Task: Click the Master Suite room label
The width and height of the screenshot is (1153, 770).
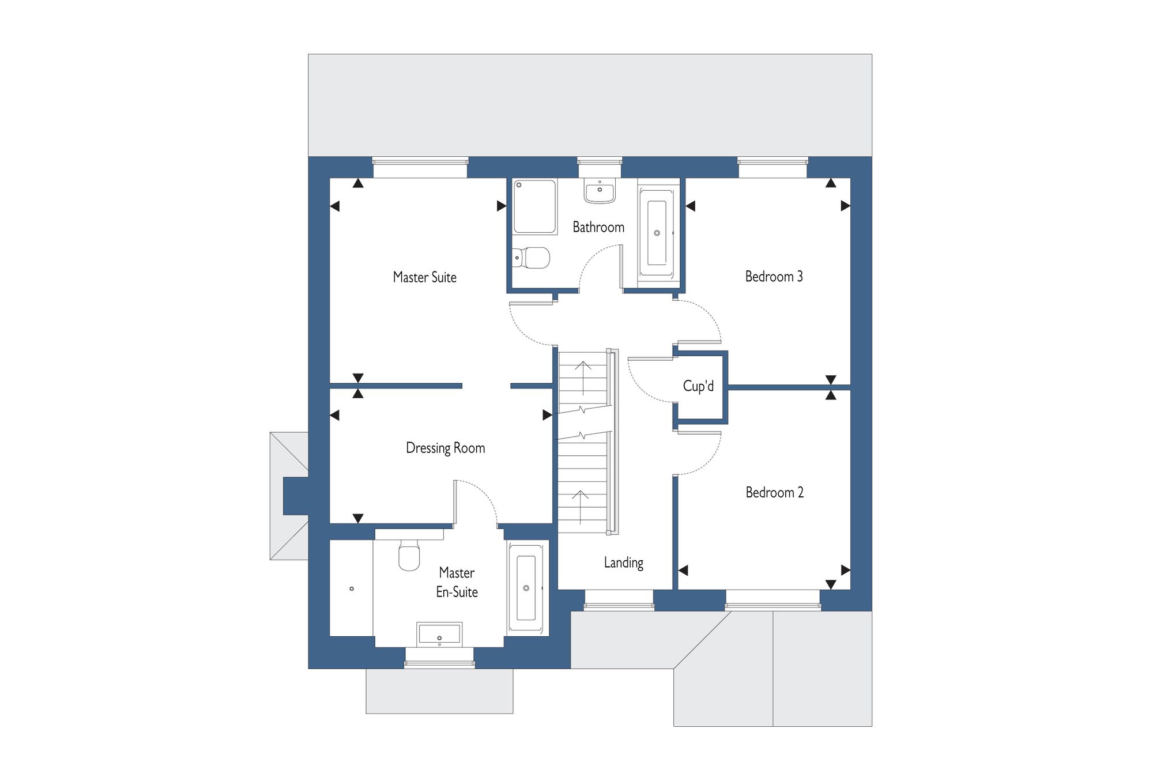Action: [x=425, y=277]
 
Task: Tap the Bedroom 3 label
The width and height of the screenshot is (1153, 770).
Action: [x=774, y=277]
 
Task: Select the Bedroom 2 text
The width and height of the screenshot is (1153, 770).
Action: [x=774, y=492]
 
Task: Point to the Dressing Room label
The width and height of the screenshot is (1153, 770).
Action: [x=445, y=448]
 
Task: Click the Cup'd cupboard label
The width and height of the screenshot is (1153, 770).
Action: [x=698, y=386]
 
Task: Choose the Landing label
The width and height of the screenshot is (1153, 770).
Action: [x=623, y=563]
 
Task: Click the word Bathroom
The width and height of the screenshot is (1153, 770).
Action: [x=598, y=227]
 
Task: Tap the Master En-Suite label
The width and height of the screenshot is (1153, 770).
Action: [x=457, y=582]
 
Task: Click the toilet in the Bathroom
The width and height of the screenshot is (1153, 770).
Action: [x=531, y=258]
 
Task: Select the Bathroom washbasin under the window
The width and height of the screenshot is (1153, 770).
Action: [x=600, y=191]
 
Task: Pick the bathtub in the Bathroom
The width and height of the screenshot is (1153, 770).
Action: [x=658, y=233]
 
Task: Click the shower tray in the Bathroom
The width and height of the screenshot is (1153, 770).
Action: [x=535, y=206]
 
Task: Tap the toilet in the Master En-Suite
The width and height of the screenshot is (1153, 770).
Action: [x=409, y=555]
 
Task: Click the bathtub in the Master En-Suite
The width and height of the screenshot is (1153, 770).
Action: [x=526, y=587]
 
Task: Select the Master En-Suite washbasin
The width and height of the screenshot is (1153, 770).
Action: [x=439, y=635]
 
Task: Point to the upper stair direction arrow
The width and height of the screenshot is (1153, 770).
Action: [x=583, y=378]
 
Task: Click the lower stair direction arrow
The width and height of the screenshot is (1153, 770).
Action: [x=580, y=508]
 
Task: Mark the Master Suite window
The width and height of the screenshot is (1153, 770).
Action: [x=420, y=167]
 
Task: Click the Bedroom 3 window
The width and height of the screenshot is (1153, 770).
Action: [x=773, y=167]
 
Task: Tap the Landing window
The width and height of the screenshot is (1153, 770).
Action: [x=619, y=600]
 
